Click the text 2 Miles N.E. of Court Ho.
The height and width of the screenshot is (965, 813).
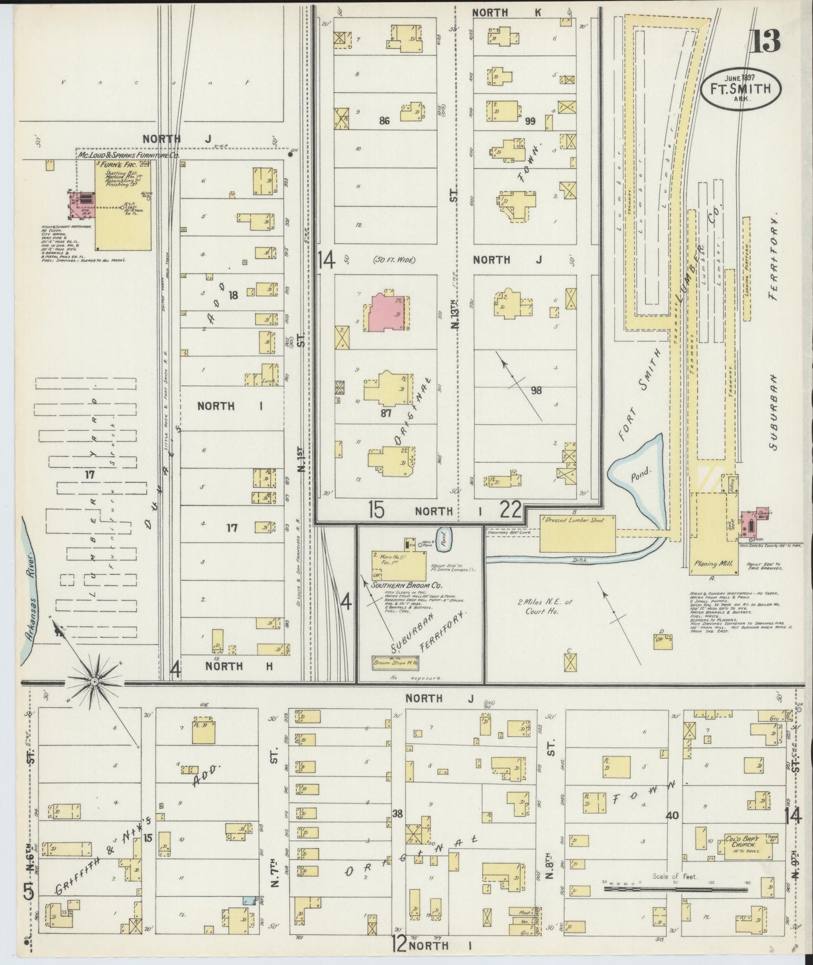pyautogui.click(x=545, y=606)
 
